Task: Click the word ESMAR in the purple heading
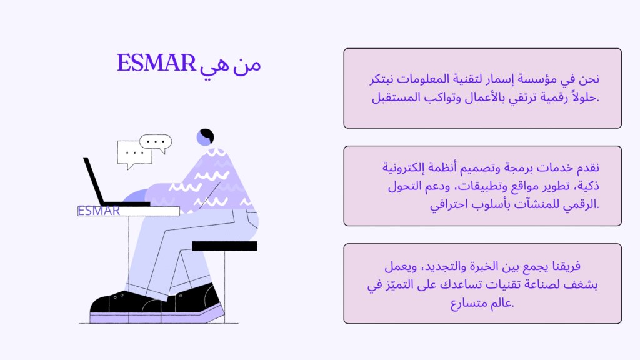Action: [x=156, y=62]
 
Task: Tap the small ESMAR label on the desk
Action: [x=99, y=211]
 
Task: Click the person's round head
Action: [x=205, y=137]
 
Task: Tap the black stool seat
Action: [x=224, y=246]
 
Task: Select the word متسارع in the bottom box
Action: [x=469, y=303]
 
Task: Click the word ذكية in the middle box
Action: [x=586, y=186]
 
